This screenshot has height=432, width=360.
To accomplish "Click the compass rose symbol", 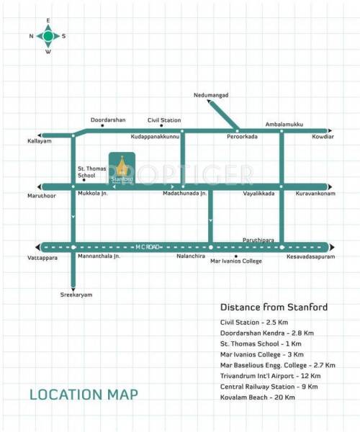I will [48, 35].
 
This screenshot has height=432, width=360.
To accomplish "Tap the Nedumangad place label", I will [210, 95].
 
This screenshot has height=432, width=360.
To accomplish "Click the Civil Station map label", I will [164, 120].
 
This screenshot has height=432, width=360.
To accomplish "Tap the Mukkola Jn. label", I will [91, 194].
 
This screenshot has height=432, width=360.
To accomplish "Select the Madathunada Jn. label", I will [185, 194].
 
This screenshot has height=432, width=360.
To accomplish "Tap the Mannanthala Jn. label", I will [96, 256].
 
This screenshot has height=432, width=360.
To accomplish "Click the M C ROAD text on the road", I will [145, 246].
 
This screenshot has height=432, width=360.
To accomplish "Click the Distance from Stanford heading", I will [274, 307].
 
